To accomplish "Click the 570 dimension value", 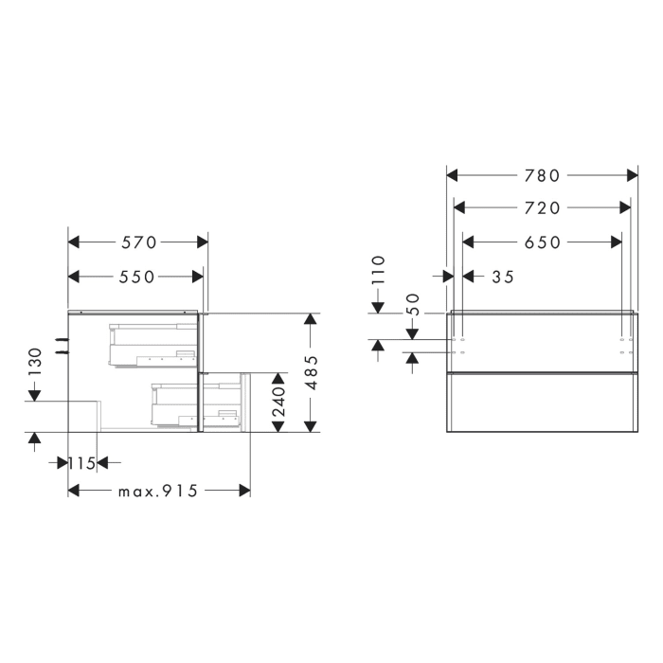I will coord(137,242).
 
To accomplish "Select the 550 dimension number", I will coord(137,277).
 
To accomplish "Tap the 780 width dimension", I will coord(543,175).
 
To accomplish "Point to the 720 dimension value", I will coord(543,207).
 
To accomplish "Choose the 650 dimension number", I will coord(543,242).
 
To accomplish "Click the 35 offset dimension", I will coord(503,277).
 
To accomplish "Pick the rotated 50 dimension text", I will coord(413,304).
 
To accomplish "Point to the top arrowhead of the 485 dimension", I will coord(309,320).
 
